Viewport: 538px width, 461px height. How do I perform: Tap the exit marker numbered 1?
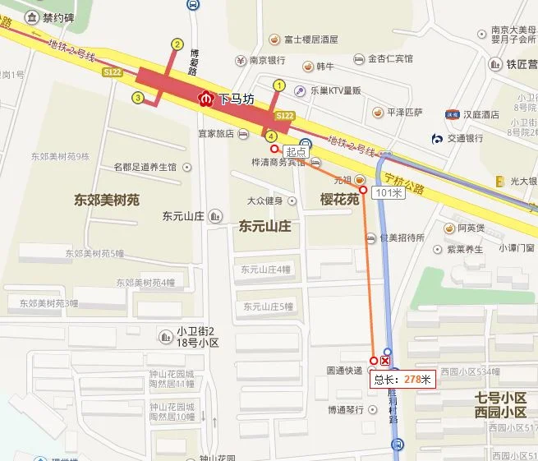tap(278, 85)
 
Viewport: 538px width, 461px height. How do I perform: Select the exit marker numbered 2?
tap(177, 44)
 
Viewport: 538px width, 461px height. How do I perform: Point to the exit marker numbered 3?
tap(137, 99)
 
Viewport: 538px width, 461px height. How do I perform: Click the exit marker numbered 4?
tap(271, 135)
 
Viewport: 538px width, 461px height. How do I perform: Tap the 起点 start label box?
tap(296, 152)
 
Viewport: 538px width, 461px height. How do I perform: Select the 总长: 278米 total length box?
tap(402, 379)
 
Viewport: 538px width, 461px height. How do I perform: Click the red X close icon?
tap(385, 361)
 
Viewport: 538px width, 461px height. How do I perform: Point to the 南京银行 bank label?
tap(267, 60)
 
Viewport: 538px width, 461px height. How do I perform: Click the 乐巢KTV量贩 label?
tap(336, 90)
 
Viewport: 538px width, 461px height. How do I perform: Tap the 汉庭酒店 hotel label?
tap(479, 113)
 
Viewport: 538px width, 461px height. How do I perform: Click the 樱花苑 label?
tap(340, 200)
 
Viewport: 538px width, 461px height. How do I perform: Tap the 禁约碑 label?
tap(57, 16)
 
